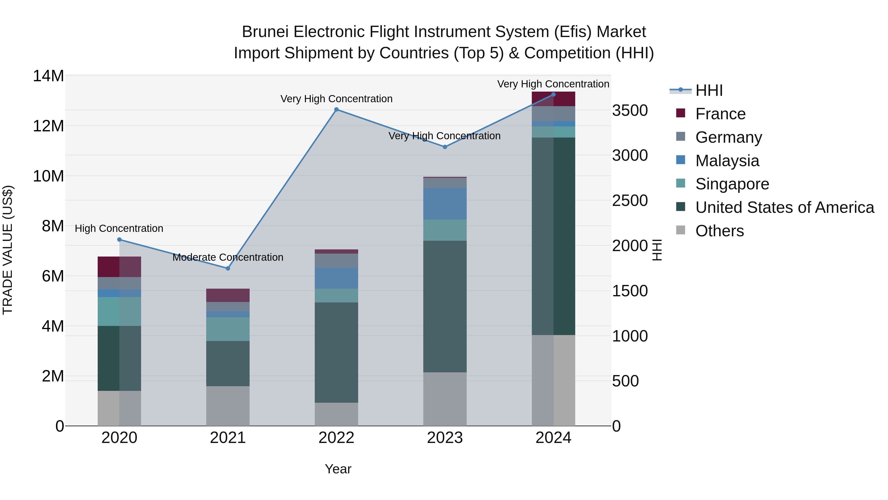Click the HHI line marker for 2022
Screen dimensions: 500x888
point(336,110)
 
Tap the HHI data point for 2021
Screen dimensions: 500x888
point(228,268)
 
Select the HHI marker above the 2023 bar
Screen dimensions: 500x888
point(445,147)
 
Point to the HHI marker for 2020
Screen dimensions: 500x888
point(119,240)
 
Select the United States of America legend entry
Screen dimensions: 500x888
point(784,207)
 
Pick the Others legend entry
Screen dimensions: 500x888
point(720,231)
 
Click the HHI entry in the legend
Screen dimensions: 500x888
point(709,90)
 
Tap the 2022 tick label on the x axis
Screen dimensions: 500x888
point(336,438)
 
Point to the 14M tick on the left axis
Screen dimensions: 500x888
point(48,76)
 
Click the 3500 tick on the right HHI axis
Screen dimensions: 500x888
point(630,111)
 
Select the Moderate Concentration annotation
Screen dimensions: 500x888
point(228,258)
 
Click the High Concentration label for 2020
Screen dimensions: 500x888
point(119,228)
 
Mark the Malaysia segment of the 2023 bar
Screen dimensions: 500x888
point(445,204)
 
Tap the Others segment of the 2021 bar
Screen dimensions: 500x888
point(228,406)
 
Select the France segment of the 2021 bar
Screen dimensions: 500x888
point(228,295)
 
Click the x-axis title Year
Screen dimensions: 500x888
point(338,469)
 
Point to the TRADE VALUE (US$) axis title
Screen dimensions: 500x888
point(8,250)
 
